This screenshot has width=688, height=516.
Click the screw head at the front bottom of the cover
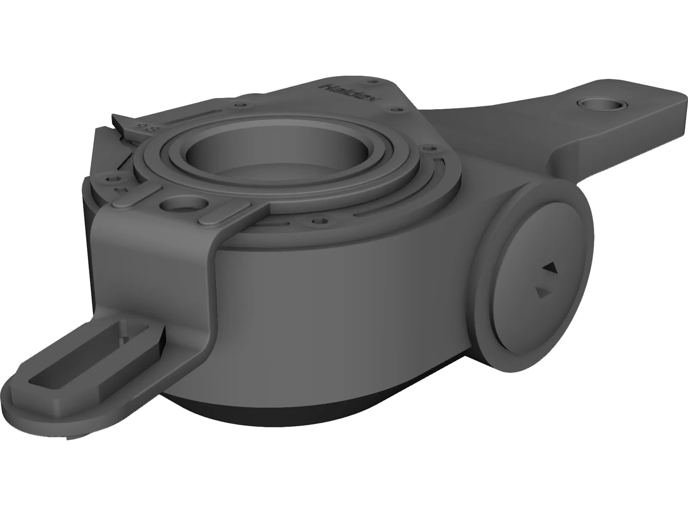[318, 222]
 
